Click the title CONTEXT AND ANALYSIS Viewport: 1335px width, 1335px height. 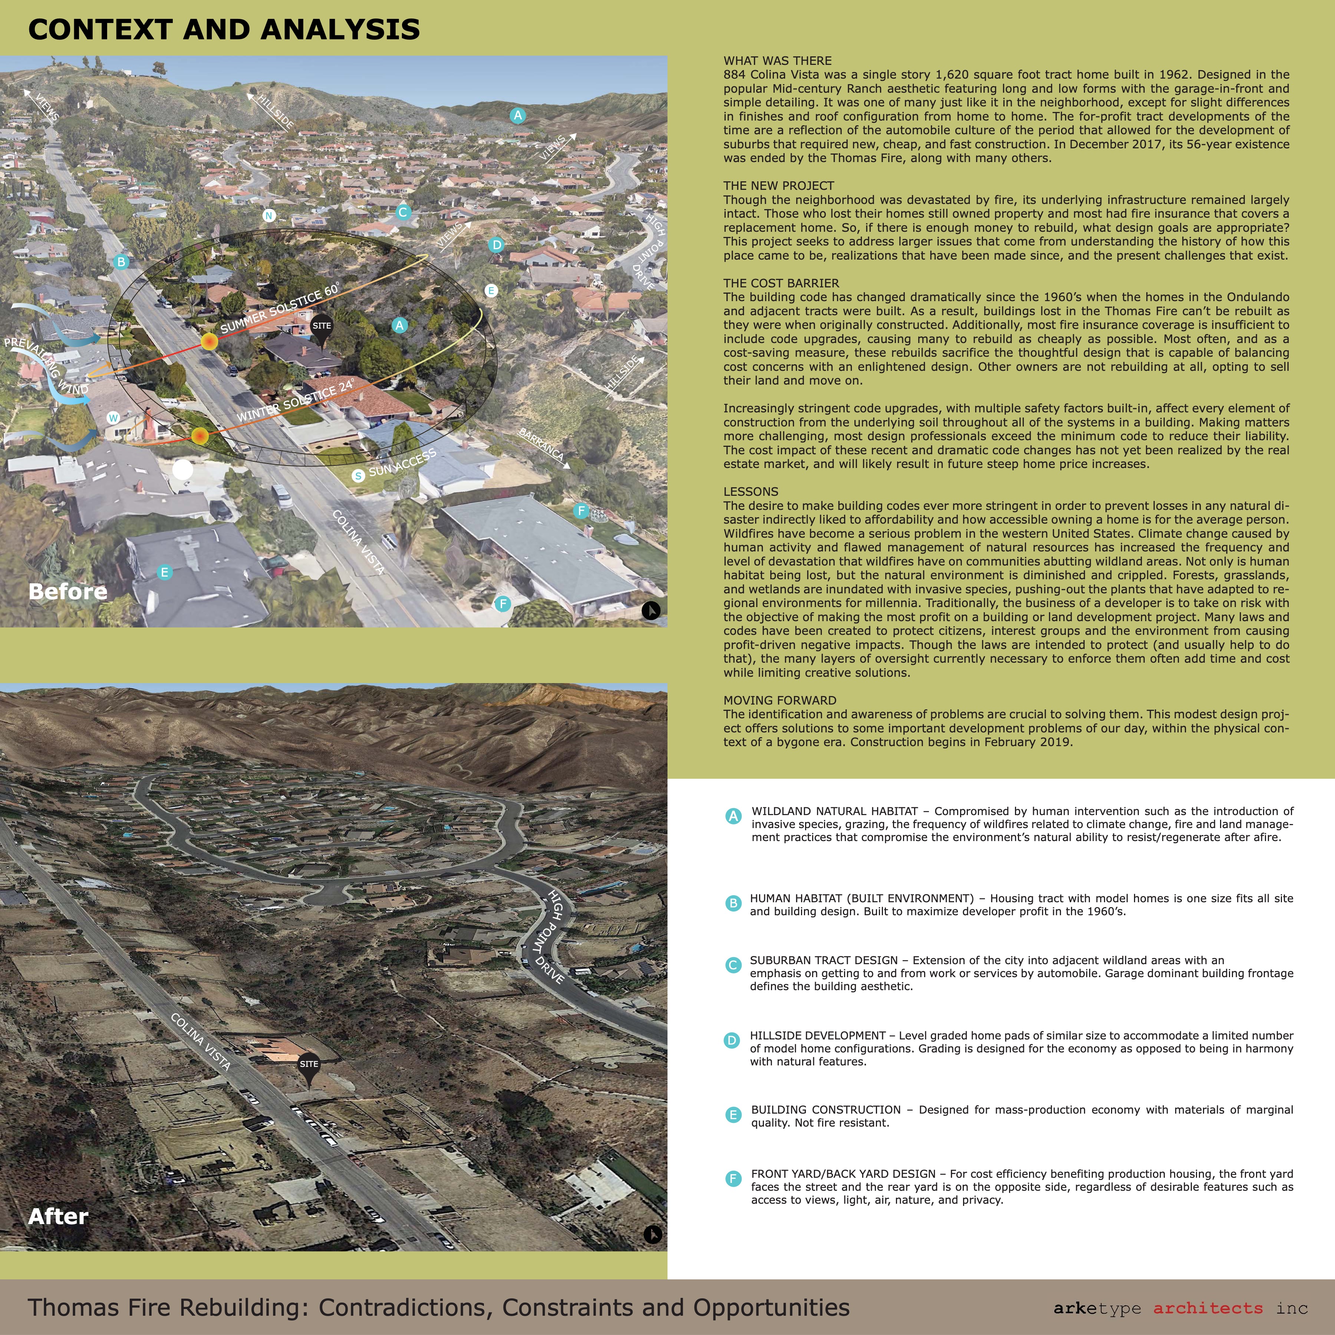coord(224,30)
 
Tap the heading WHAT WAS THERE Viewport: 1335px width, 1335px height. coord(777,61)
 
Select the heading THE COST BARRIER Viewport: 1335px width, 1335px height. coord(781,283)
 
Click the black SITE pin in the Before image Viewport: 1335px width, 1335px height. coord(321,328)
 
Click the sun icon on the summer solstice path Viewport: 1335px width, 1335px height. coord(209,341)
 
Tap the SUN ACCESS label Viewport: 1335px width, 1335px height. coord(402,463)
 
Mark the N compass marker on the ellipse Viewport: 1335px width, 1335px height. coord(269,215)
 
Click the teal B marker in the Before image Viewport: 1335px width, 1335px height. coord(121,262)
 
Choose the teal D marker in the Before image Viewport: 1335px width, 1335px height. coord(496,245)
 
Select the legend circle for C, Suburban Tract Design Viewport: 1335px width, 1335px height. coord(733,965)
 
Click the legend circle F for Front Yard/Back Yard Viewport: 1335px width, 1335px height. coord(733,1179)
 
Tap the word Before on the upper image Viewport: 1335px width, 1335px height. coord(68,591)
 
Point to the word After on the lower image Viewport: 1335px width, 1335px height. coord(58,1216)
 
